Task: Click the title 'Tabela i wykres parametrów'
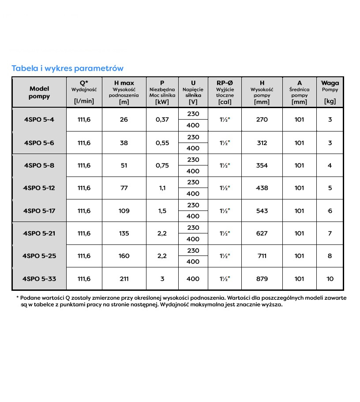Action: click(x=67, y=68)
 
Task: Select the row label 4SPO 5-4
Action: click(x=39, y=120)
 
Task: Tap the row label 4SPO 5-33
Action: click(x=39, y=279)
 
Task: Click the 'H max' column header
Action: click(x=124, y=83)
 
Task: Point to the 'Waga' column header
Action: click(x=330, y=83)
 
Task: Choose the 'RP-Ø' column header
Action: click(x=225, y=83)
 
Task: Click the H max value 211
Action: click(x=124, y=279)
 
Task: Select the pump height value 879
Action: click(x=262, y=279)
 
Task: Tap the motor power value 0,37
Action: click(x=162, y=120)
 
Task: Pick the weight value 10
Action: click(x=330, y=279)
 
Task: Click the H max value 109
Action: click(x=124, y=211)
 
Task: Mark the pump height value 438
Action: click(x=262, y=188)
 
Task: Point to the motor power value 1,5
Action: click(x=162, y=211)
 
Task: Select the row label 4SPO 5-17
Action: click(x=39, y=211)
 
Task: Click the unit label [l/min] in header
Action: click(x=84, y=101)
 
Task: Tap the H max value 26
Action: click(x=124, y=120)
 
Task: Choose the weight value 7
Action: click(x=330, y=233)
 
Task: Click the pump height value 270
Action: click(x=262, y=120)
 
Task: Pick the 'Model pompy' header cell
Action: click(x=39, y=92)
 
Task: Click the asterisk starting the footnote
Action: click(x=18, y=298)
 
